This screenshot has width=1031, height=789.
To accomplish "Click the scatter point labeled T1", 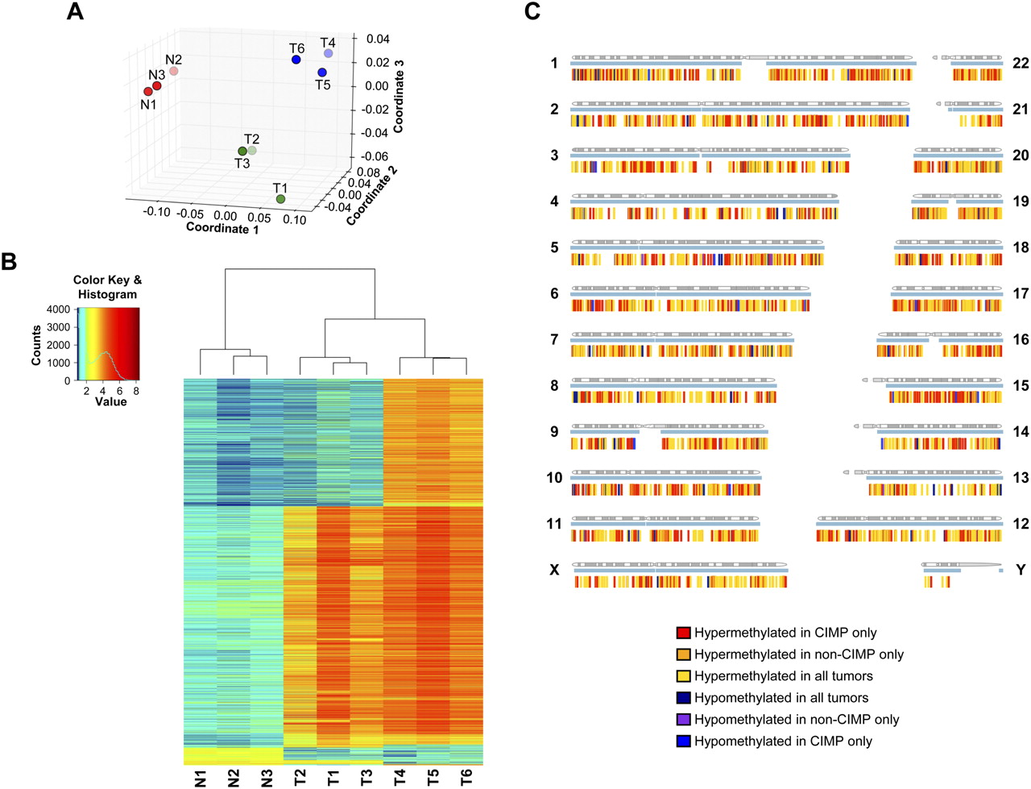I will [280, 199].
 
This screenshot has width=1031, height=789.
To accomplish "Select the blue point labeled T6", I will [296, 60].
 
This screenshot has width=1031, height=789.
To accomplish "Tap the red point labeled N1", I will [148, 92].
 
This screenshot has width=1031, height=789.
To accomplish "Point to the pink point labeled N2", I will [174, 71].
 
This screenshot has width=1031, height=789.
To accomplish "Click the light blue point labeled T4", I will [329, 53].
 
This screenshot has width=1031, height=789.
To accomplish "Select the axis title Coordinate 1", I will [222, 229].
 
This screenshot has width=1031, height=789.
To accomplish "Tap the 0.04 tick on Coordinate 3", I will [378, 39].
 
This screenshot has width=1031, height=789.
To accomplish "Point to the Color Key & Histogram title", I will [107, 287].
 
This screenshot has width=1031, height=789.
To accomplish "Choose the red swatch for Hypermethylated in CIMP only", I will [684, 633].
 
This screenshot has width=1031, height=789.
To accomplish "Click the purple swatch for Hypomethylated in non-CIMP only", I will [684, 720].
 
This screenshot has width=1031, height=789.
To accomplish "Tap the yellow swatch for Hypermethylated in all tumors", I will [684, 676].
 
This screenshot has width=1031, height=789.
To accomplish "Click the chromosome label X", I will [554, 570].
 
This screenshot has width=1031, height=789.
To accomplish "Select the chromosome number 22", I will [1021, 63].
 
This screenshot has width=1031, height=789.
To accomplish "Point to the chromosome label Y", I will [1021, 570].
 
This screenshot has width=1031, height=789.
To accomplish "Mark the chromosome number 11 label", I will [554, 524].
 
